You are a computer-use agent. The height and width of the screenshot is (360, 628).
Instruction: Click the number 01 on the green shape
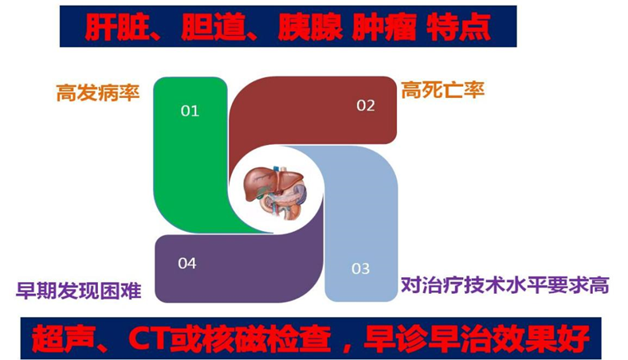(190, 111)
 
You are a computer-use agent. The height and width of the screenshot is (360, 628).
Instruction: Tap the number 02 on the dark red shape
(366, 106)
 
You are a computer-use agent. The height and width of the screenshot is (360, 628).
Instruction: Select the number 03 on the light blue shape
(360, 268)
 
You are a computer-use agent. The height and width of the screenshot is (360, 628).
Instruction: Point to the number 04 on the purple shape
(187, 264)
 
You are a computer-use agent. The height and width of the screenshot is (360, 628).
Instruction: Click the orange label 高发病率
(98, 92)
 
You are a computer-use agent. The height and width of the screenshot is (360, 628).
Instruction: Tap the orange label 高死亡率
(442, 90)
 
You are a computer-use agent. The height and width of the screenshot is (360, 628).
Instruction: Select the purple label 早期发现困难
(78, 291)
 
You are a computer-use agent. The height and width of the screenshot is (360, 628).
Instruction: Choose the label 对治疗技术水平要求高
(505, 285)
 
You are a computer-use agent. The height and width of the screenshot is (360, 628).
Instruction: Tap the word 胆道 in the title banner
(212, 27)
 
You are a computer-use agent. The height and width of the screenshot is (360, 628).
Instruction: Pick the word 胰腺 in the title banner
(310, 27)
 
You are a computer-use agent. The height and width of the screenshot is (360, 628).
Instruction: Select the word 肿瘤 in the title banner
(383, 27)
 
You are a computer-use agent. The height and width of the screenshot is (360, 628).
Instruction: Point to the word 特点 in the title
(458, 27)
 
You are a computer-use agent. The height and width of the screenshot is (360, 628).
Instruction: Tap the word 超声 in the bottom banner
(64, 338)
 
